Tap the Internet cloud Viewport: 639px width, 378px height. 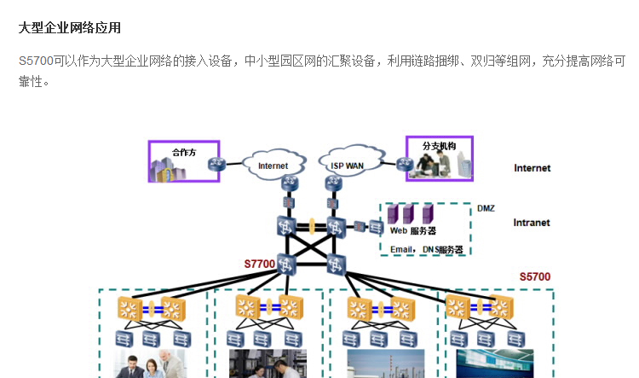tap(273, 165)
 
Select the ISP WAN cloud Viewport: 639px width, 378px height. tap(347, 165)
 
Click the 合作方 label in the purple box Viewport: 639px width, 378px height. tap(183, 152)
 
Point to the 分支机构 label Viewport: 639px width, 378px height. tap(439, 146)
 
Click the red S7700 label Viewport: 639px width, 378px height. tap(260, 265)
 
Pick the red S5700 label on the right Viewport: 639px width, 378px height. tap(535, 276)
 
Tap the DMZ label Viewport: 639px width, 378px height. tap(486, 208)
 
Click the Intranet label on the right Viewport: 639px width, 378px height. tap(532, 223)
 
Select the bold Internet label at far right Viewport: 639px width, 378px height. tap(532, 168)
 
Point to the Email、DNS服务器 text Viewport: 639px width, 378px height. tap(426, 249)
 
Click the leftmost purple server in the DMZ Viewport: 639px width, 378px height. tap(393, 213)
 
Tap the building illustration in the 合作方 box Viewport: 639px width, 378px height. tap(166, 169)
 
